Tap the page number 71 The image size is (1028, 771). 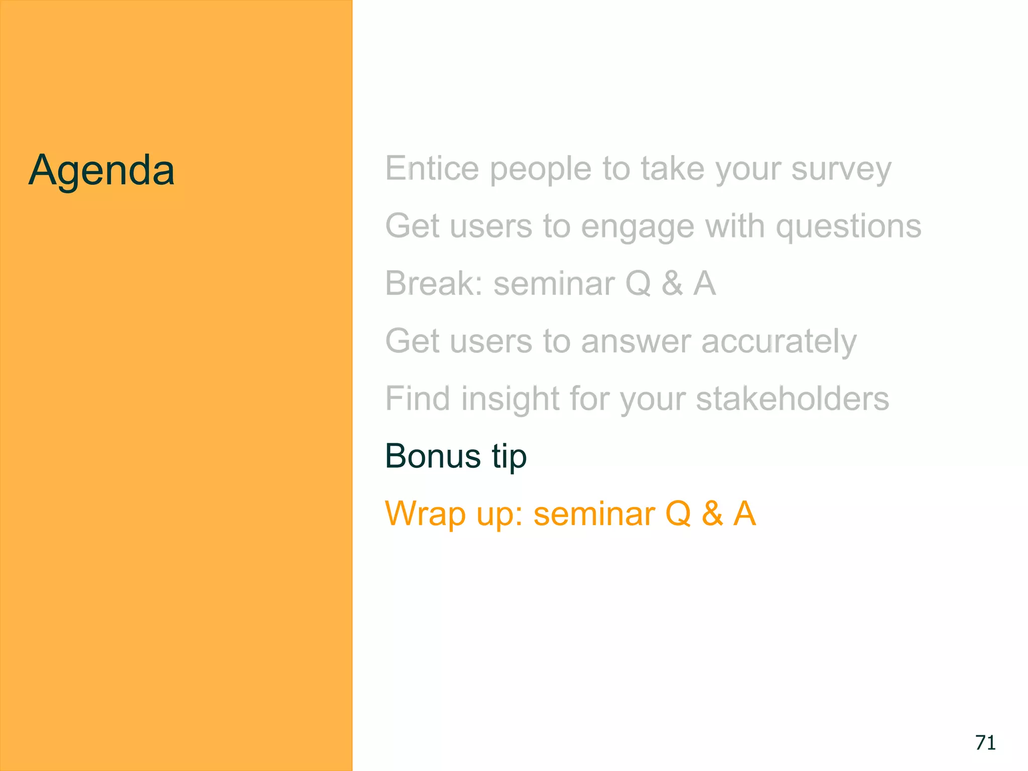tap(985, 742)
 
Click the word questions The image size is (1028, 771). tap(848, 227)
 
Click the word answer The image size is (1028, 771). tap(635, 342)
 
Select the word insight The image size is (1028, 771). tap(510, 399)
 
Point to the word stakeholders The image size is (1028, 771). tap(793, 399)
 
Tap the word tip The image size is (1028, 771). tap(509, 457)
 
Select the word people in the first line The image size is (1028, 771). tap(541, 169)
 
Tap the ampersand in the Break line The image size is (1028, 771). tap(672, 284)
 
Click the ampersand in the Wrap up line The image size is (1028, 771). tap(712, 514)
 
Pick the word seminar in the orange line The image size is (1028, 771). tap(594, 514)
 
